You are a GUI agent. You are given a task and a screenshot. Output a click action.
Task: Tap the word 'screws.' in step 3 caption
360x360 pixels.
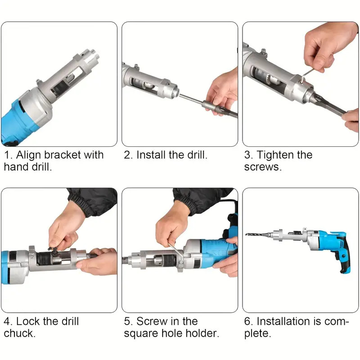[263, 167]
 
